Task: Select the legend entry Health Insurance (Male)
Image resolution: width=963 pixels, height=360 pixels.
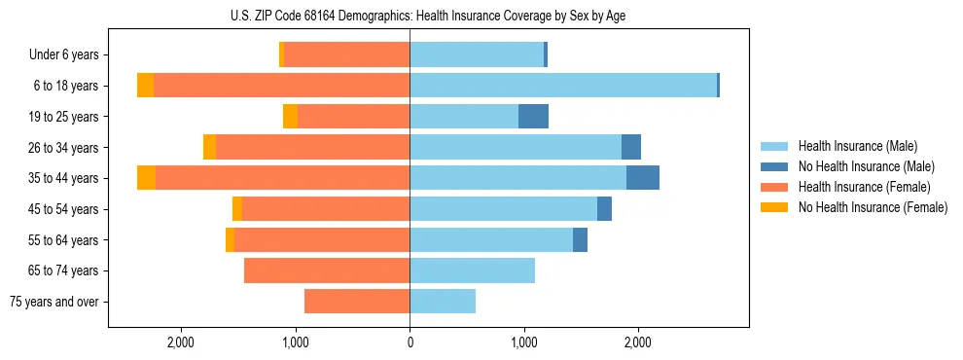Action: coord(857,146)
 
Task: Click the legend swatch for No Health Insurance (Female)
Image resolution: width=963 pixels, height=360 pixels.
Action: coord(776,207)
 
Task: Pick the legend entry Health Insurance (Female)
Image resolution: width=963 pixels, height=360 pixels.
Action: coord(864,187)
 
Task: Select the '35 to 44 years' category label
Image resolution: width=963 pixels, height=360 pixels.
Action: coord(63,178)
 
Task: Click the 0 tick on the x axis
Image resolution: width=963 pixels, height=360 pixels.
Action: coord(410,342)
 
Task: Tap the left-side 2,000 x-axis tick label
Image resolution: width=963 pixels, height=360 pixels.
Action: coord(182,342)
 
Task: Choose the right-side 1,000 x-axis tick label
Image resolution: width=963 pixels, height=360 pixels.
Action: coord(523,342)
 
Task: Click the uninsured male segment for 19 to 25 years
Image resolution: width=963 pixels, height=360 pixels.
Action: coord(533,117)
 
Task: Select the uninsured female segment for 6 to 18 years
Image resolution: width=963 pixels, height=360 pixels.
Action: coord(145,86)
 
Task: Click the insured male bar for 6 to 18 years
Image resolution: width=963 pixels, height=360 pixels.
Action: coord(563,86)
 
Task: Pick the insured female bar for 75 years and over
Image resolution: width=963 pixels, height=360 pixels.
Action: coord(357,302)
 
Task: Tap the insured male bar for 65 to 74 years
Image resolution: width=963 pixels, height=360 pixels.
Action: coord(472,270)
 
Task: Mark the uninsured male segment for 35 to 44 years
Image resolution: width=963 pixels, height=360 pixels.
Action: coord(643,178)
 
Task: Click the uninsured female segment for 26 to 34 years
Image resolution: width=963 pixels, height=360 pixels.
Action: coord(209,147)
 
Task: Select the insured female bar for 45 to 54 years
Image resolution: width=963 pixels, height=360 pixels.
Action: coord(326,209)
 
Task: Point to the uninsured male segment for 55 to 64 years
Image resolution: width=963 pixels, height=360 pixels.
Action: coord(580,239)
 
